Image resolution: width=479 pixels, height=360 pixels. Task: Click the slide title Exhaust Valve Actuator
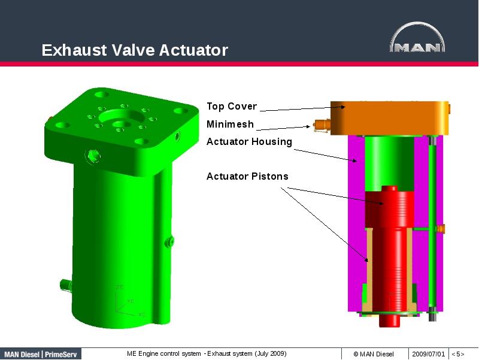(135, 50)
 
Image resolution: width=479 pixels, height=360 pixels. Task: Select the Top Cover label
(232, 107)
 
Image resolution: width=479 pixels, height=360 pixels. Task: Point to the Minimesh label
(230, 125)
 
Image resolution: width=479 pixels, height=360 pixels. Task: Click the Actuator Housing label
(249, 142)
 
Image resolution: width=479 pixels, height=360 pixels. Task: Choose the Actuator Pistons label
(247, 176)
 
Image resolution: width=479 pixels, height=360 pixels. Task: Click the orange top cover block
(389, 118)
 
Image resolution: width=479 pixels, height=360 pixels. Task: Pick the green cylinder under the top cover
(389, 162)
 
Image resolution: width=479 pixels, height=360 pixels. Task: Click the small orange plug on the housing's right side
(442, 229)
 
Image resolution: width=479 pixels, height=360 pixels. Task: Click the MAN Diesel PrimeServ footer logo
(40, 353)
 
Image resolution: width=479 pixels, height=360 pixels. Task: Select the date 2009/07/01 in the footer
(428, 353)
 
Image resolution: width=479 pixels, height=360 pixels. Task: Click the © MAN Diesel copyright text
(374, 353)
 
